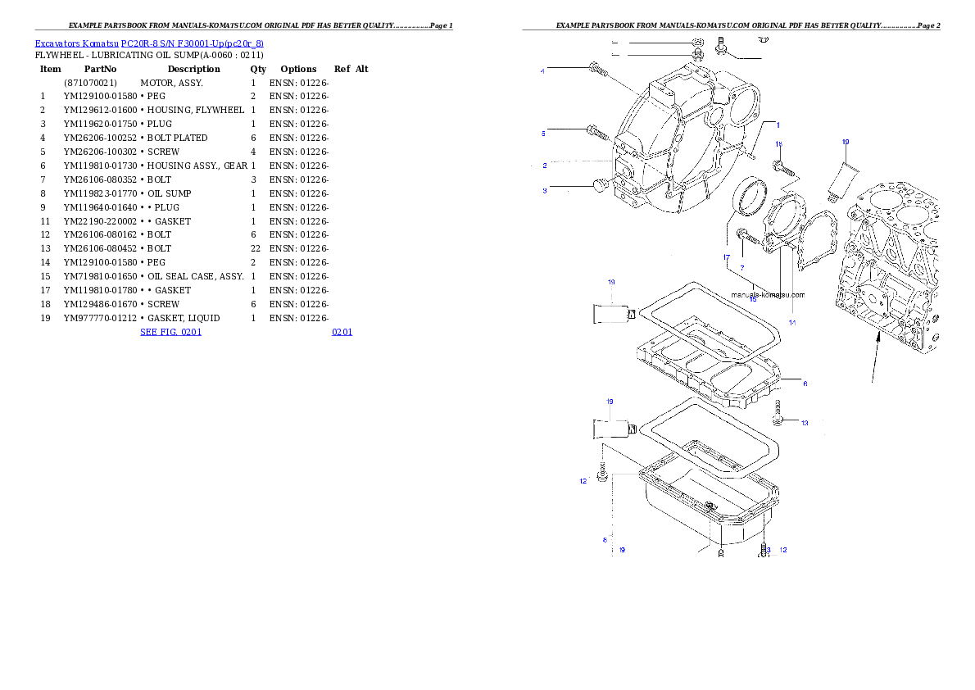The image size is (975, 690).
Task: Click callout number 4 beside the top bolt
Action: coord(542,71)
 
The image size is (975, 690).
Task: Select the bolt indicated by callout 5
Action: coord(595,130)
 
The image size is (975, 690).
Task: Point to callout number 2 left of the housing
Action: coord(545,166)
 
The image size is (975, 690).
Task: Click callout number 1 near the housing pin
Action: coord(778,125)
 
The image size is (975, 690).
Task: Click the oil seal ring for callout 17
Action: coord(753,197)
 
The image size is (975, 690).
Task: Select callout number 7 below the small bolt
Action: coord(742,268)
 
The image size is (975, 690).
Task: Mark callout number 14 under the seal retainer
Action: coord(792,323)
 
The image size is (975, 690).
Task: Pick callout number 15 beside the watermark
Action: coord(752,299)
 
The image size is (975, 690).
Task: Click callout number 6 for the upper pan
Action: coord(805,384)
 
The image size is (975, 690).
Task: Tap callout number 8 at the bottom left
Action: coord(605,540)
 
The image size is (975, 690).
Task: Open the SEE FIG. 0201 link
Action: coord(170,332)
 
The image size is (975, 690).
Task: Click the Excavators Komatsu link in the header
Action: coord(148,43)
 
